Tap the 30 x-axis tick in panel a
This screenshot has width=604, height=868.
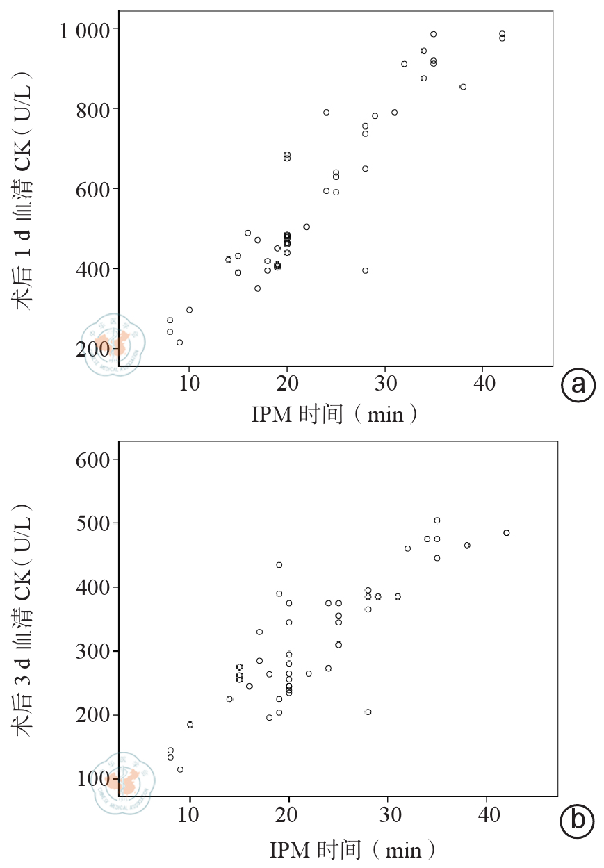pos(385,384)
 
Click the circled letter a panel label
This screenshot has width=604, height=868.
pos(578,385)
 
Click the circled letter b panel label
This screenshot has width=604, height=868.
pos(578,821)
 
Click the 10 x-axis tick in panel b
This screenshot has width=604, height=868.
pos(190,815)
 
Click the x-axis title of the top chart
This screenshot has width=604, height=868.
pos(334,414)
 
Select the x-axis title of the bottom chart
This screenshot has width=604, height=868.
pos(353,849)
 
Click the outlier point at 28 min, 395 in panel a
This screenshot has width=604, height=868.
pos(365,270)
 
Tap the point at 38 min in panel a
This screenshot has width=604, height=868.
pos(463,87)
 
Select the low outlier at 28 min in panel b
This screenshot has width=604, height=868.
pos(368,712)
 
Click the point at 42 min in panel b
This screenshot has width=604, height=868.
pos(506,533)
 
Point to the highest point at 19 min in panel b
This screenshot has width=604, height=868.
pos(279,565)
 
